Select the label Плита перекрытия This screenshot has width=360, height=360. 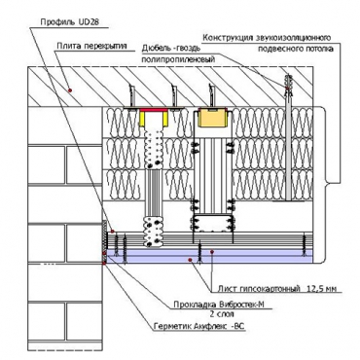pyautogui.click(x=91, y=46)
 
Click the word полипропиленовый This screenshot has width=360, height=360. pyautogui.click(x=177, y=59)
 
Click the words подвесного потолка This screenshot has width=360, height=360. pyautogui.click(x=296, y=50)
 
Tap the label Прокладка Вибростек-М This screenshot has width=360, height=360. pyautogui.click(x=220, y=305)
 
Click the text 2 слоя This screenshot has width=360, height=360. pyautogui.click(x=222, y=314)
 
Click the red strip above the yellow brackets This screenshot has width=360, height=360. pyautogui.click(x=154, y=110)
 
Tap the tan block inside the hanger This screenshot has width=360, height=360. pyautogui.click(x=212, y=118)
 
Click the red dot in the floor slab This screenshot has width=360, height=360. pyautogui.click(x=69, y=90)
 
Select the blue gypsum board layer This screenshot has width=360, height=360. pyautogui.click(x=209, y=256)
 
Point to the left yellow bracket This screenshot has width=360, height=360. pyautogui.click(x=143, y=119)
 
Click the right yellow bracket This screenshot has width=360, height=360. pyautogui.click(x=165, y=119)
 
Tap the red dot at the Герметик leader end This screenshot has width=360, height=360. pyautogui.click(x=104, y=264)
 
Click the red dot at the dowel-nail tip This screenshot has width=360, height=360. pyautogui.click(x=287, y=88)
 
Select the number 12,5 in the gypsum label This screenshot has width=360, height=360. pyautogui.click(x=314, y=288)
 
